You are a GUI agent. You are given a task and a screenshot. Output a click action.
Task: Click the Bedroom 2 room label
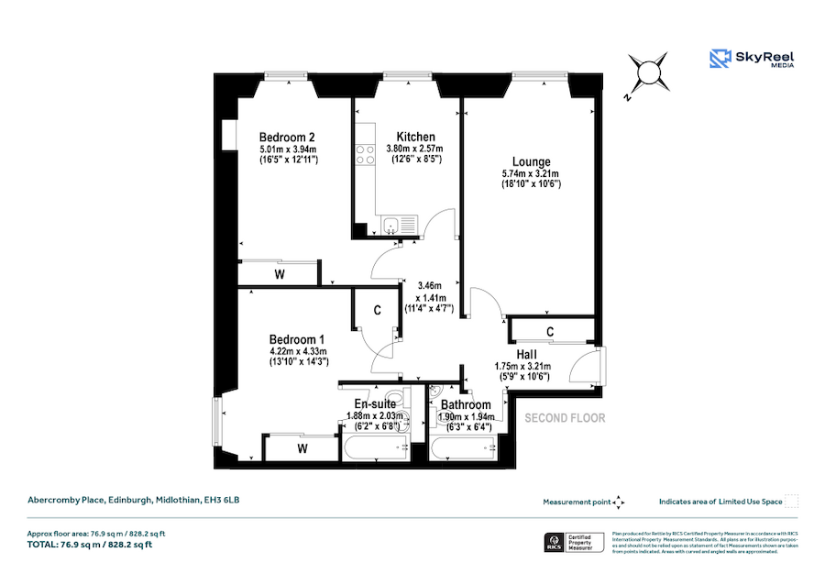(x=287, y=137)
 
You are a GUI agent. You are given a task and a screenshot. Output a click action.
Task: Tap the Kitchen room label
(x=415, y=137)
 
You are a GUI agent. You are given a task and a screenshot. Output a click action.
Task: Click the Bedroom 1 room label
(x=297, y=338)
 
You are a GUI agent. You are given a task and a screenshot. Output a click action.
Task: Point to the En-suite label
(x=375, y=403)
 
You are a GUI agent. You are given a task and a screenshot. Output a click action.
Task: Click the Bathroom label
(x=465, y=404)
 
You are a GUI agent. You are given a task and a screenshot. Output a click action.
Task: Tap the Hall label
(x=526, y=354)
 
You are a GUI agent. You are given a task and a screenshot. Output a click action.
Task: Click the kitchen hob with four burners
(x=367, y=153)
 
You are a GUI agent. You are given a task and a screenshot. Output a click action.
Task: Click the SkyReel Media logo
(x=752, y=59)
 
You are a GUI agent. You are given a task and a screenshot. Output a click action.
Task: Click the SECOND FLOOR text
(x=565, y=418)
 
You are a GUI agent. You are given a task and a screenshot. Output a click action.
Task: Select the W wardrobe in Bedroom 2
(x=279, y=273)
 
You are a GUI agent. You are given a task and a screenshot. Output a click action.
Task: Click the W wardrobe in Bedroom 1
(x=302, y=448)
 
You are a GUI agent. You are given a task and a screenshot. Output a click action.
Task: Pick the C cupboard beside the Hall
(x=550, y=330)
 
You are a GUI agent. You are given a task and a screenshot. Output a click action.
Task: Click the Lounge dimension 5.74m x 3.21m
(x=531, y=173)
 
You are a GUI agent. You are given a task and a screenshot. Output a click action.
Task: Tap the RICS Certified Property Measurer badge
(x=570, y=542)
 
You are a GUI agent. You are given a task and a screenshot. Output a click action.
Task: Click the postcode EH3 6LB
(x=223, y=500)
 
